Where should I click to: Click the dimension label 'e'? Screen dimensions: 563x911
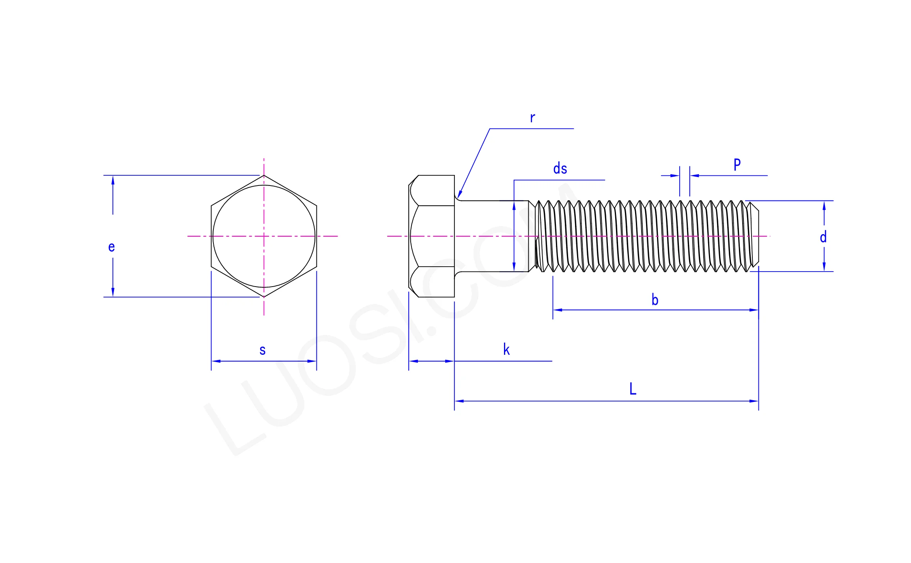point(112,247)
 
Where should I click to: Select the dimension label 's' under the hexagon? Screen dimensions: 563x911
point(263,350)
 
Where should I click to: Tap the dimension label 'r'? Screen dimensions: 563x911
point(532,118)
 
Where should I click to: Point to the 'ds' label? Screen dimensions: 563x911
point(560,168)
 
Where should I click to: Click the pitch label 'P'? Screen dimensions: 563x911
point(737,164)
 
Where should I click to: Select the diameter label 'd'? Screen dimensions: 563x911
point(823,237)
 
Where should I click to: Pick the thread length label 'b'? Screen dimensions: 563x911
point(655,300)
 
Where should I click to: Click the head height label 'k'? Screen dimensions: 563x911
point(506,349)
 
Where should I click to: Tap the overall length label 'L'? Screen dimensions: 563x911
point(633,389)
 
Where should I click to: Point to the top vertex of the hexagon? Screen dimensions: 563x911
point(264,175)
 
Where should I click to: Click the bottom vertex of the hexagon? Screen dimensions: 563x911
point(264,297)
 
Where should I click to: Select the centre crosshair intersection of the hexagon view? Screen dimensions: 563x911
point(264,236)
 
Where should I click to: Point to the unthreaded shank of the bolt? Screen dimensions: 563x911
point(491,236)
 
